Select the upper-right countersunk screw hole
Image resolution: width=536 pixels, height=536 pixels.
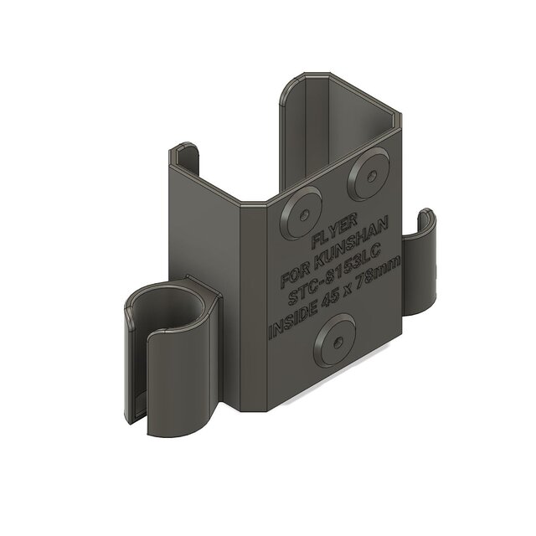click(x=368, y=172)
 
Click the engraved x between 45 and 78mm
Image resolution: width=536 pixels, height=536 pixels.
click(x=352, y=292)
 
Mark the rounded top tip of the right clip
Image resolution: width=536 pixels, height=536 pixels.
click(x=427, y=216)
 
